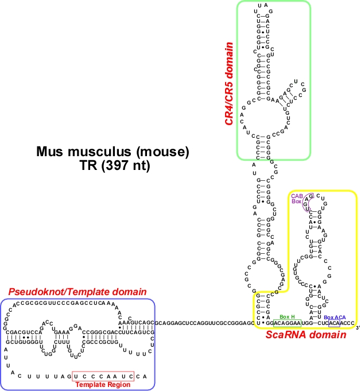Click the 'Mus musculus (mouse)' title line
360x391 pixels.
[113, 152]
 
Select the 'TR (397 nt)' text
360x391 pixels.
[113, 165]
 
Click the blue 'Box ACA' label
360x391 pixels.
[335, 317]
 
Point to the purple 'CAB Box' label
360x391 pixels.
[296, 199]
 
